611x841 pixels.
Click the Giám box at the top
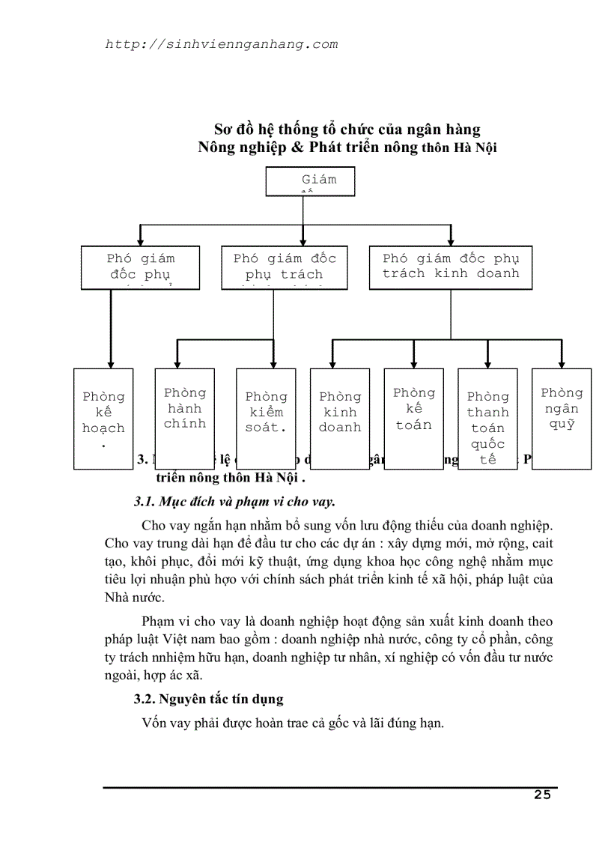click(x=310, y=181)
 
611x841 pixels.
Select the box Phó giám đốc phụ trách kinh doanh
click(x=450, y=267)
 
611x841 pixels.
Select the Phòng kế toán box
click(x=413, y=410)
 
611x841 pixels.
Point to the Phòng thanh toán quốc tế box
click(x=487, y=419)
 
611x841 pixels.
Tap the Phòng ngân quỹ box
click(x=562, y=410)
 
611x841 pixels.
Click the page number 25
click(x=542, y=795)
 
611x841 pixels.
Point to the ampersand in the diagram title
click(x=296, y=148)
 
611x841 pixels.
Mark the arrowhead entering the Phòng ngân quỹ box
click(x=562, y=363)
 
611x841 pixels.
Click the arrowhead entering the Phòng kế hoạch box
click(x=111, y=363)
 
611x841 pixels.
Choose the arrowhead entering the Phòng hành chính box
click(x=177, y=363)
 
